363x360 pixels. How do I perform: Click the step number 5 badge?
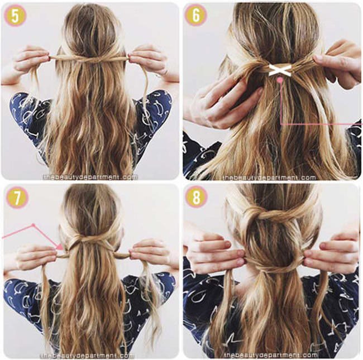coord(15,16)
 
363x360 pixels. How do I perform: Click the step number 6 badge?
coord(196,15)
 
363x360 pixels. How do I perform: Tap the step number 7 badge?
coord(17,198)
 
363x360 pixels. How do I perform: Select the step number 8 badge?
coord(196,198)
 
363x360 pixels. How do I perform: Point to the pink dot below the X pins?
coord(280,80)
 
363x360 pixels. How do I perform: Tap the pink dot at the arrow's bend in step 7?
coord(33,225)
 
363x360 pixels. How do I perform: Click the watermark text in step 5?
coord(90,177)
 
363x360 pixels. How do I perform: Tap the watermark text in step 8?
coord(271,355)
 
